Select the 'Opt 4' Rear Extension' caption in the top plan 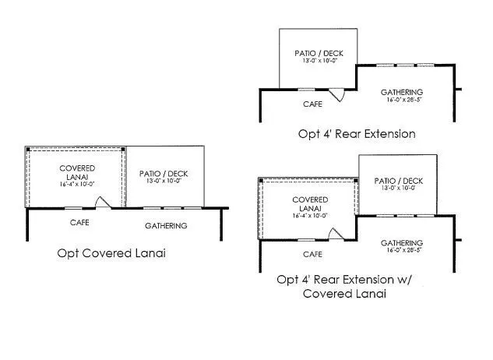[x=357, y=133]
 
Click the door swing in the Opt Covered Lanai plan [x=102, y=202]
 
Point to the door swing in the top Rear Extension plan [x=336, y=94]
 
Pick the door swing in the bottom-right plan [x=335, y=234]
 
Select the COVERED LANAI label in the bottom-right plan [x=310, y=204]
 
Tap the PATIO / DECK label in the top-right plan [x=319, y=54]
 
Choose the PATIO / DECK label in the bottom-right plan [x=397, y=181]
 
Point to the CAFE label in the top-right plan [x=313, y=102]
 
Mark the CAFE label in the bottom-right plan [x=312, y=254]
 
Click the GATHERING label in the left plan [x=166, y=226]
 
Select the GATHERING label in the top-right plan [x=402, y=91]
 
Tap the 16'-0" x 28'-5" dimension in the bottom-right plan [x=402, y=251]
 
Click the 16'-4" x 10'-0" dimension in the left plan [x=77, y=185]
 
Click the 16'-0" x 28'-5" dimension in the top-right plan [x=402, y=100]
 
